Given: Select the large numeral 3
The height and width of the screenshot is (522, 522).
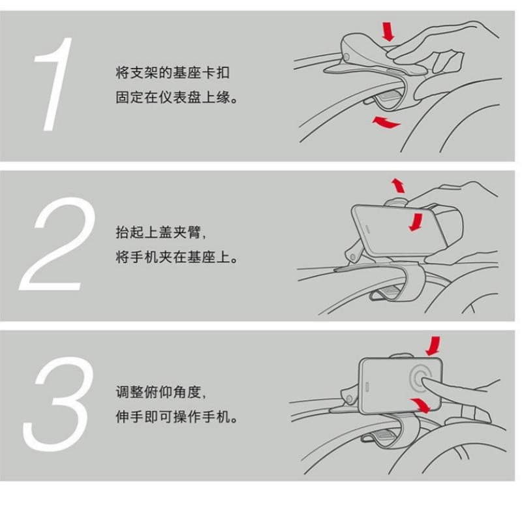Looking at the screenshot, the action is click(57, 404).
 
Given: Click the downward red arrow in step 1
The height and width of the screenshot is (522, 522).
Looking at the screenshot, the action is click(388, 31).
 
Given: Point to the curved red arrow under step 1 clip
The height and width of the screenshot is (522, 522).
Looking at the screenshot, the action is click(386, 123).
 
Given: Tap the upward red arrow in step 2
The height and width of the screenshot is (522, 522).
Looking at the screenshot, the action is click(398, 185).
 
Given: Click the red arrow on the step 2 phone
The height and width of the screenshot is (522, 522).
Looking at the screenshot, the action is click(416, 222).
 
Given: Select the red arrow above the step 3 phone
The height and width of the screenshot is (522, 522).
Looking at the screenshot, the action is click(433, 346).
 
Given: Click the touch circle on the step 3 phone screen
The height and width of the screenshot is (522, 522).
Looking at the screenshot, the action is click(422, 380).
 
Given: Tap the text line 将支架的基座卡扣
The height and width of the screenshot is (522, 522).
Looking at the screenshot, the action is click(173, 72).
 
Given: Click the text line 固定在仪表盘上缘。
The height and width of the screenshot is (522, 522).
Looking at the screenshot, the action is click(177, 97).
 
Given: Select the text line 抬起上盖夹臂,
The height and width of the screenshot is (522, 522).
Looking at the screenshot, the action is click(161, 232).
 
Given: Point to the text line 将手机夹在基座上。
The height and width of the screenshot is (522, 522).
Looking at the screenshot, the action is click(177, 257).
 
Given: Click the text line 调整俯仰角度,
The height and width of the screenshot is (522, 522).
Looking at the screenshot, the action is click(161, 392).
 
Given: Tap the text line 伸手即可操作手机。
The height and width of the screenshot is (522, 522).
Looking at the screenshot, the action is click(177, 416).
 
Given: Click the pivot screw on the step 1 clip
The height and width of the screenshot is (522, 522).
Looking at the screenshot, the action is click(348, 57).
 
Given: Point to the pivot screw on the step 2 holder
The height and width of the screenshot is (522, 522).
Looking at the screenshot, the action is click(352, 256).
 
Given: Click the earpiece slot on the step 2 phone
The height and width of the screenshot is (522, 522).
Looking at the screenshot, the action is click(367, 228).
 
